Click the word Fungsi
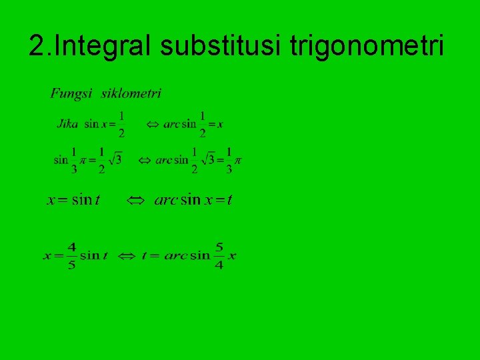coord(71,93)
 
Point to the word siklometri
coord(131,93)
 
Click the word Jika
coord(68,124)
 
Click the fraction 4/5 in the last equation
coord(72,255)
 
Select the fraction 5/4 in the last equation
coord(219,255)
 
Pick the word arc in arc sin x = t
coord(165,199)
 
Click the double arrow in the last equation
coord(129,255)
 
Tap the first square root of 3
coord(115,160)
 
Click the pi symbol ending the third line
coord(238,160)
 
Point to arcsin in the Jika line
coord(179,124)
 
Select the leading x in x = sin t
coord(51,199)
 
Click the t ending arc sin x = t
coord(229,199)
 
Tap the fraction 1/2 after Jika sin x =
coord(121,124)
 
